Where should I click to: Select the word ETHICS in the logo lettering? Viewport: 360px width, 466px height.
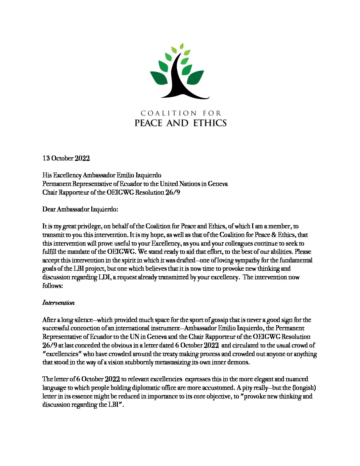point(210,123)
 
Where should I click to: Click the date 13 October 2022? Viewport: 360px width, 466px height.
point(66,158)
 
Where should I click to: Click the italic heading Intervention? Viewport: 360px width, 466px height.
point(58,303)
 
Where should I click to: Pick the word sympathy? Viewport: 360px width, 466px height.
point(244,260)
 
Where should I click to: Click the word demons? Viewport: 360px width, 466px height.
point(239,362)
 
